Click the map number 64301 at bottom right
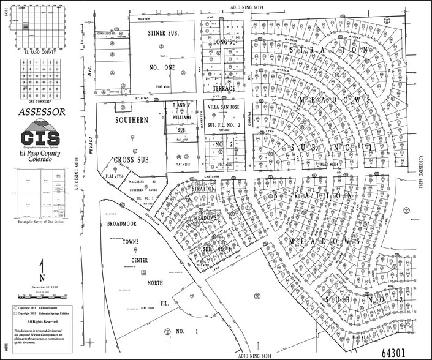point(393,353)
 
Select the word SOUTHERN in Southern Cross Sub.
point(132,121)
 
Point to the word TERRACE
point(224,88)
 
